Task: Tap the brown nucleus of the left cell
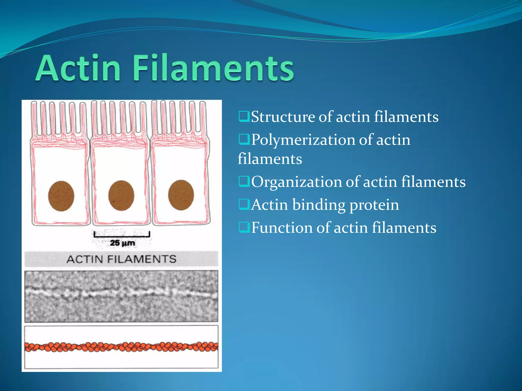pos(61,196)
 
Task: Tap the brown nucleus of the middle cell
pos(121,195)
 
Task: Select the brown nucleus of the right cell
pos(181,195)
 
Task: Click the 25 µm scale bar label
pos(122,243)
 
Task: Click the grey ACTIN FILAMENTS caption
pos(121,259)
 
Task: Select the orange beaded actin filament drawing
pos(121,347)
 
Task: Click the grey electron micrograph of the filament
pos(121,296)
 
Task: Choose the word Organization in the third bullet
pos(296,182)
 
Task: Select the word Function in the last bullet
pos(282,228)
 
